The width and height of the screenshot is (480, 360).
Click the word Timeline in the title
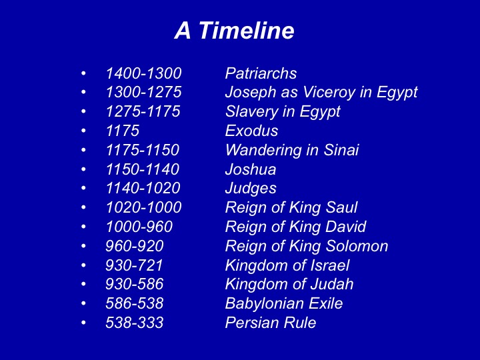pyautogui.click(x=247, y=30)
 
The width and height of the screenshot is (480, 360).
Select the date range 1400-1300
pyautogui.click(x=143, y=73)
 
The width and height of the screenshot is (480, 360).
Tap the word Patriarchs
pyautogui.click(x=261, y=73)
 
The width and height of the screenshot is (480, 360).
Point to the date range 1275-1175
pyautogui.click(x=143, y=111)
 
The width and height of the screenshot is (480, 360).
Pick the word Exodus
pyautogui.click(x=251, y=131)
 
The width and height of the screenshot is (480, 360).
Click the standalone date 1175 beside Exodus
pyautogui.click(x=123, y=131)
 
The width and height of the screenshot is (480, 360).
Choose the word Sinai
pyautogui.click(x=341, y=150)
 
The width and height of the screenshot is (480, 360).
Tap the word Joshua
pyautogui.click(x=251, y=169)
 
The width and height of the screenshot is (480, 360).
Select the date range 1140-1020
pyautogui.click(x=143, y=188)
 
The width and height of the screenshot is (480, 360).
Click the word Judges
pyautogui.click(x=251, y=189)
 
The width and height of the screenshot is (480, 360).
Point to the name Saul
pyautogui.click(x=341, y=207)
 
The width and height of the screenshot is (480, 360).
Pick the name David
pyautogui.click(x=345, y=227)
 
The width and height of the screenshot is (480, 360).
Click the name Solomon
pyautogui.click(x=357, y=246)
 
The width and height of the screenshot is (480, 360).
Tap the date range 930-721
pyautogui.click(x=134, y=265)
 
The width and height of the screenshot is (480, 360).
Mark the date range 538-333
pyautogui.click(x=135, y=323)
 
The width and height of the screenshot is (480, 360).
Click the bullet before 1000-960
pyautogui.click(x=83, y=227)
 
